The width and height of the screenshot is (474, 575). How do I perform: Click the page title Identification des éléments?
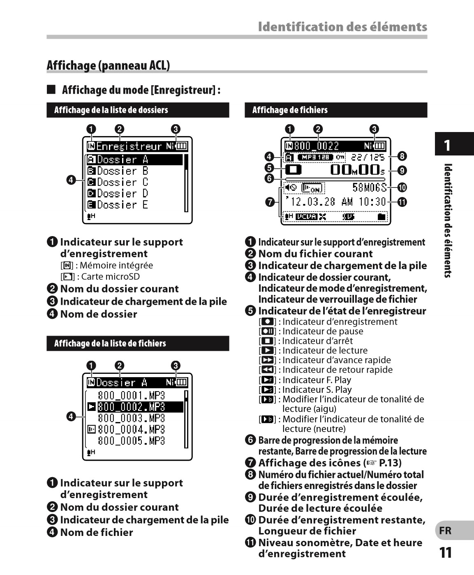[342, 27]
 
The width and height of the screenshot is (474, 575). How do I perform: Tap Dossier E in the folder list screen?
[122, 205]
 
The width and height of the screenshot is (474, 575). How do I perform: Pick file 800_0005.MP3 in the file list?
[131, 441]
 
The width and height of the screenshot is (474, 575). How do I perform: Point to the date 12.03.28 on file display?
[312, 202]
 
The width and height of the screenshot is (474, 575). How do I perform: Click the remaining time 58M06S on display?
[369, 188]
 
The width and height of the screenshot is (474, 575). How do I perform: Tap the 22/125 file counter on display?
[368, 157]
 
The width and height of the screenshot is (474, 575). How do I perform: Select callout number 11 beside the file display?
[402, 202]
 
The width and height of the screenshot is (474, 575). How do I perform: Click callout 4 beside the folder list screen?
[71, 180]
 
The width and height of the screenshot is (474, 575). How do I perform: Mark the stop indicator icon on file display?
[293, 169]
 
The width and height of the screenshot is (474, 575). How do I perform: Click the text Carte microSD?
[110, 277]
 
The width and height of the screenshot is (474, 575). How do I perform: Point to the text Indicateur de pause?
[323, 332]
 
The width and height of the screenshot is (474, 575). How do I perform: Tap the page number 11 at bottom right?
[446, 553]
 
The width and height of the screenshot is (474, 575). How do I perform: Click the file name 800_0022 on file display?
[316, 146]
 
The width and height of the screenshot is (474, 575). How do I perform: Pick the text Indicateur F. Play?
[317, 380]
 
